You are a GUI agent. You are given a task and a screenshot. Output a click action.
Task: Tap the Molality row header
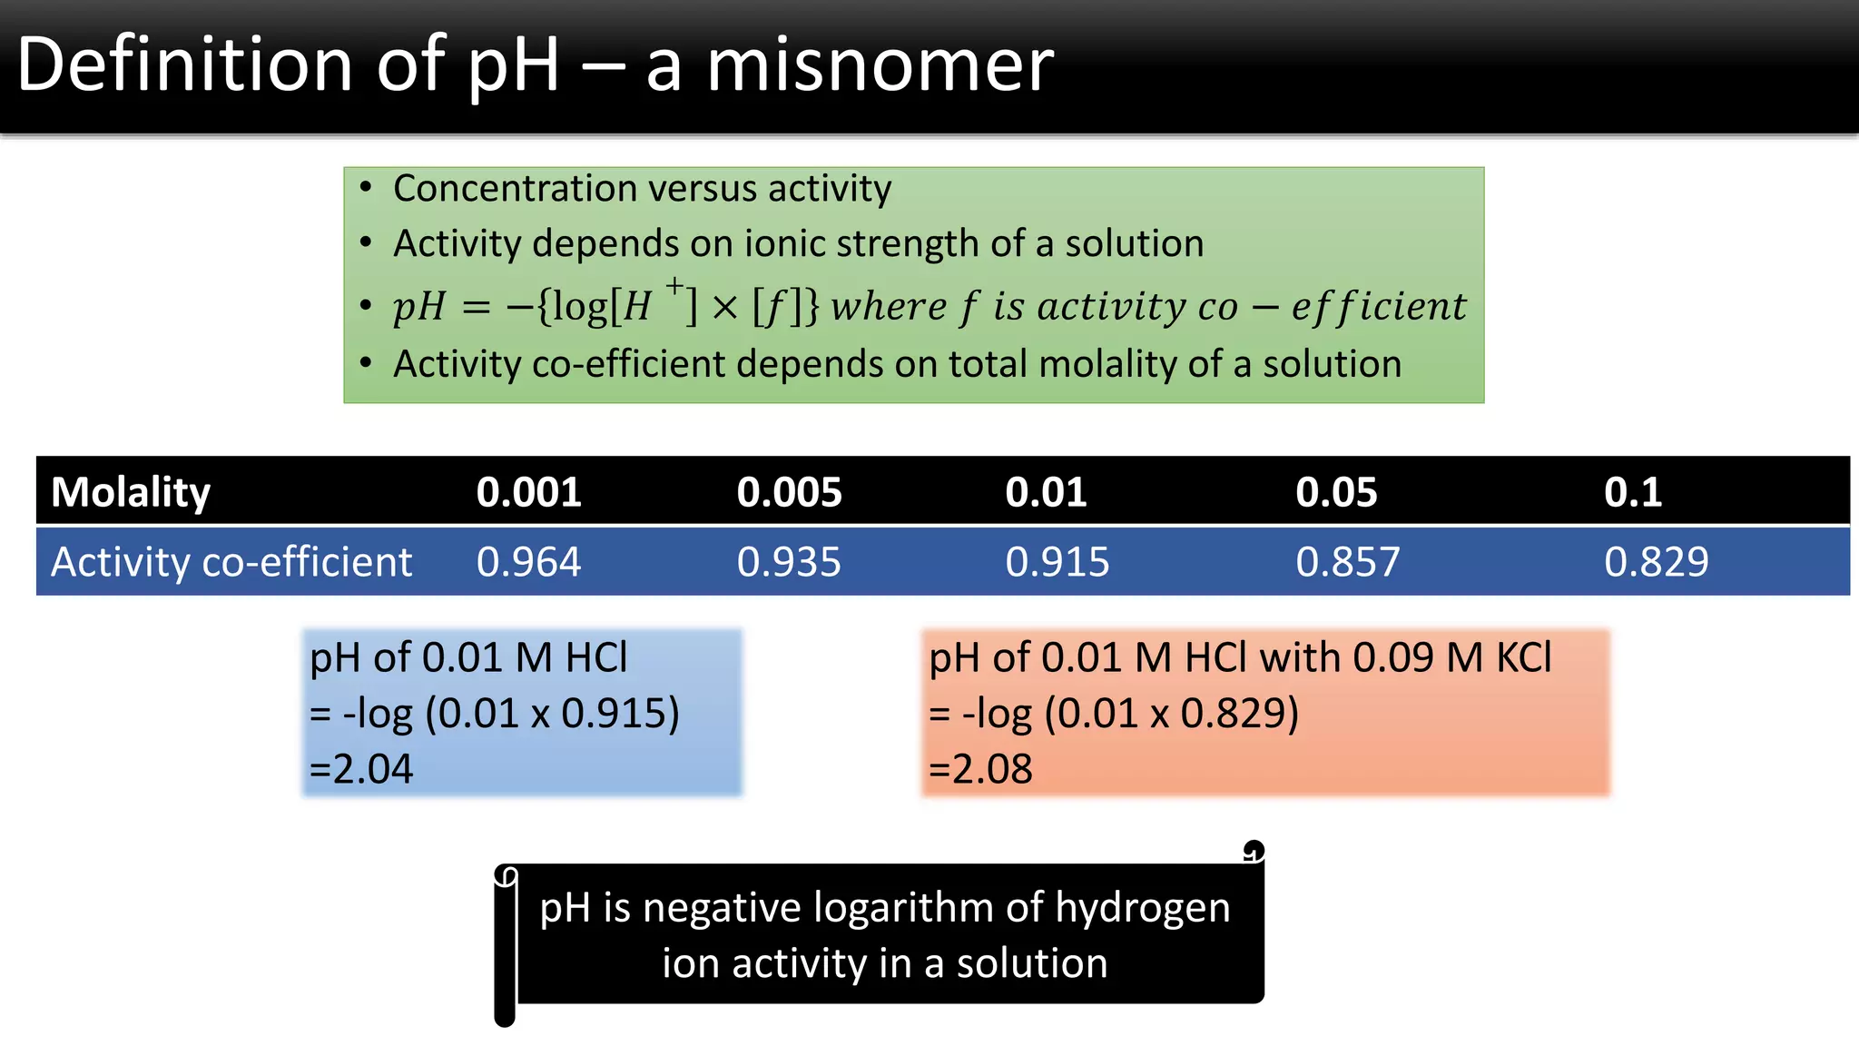131,492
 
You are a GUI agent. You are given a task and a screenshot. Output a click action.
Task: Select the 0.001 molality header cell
528,492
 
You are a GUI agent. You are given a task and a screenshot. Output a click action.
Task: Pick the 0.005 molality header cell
789,492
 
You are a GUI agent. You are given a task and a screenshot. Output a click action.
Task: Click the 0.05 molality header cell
1336,492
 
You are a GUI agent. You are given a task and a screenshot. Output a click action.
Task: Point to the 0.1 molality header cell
1632,492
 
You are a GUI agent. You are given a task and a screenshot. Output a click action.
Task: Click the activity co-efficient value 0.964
528,562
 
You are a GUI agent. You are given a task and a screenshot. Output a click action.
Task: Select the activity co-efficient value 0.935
789,562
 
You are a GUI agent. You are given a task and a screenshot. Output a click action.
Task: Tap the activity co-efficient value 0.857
1348,562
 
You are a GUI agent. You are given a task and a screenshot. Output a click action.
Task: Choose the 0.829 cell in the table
1657,562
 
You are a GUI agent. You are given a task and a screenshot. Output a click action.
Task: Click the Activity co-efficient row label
231,562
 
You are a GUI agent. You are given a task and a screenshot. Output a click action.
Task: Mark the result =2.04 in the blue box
361,769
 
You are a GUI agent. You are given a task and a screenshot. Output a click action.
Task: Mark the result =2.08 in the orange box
980,769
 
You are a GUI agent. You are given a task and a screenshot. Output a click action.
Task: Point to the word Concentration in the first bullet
515,189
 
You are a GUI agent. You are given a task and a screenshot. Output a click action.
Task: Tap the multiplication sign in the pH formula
724,308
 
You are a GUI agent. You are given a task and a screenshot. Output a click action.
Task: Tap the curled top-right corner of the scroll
1254,852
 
